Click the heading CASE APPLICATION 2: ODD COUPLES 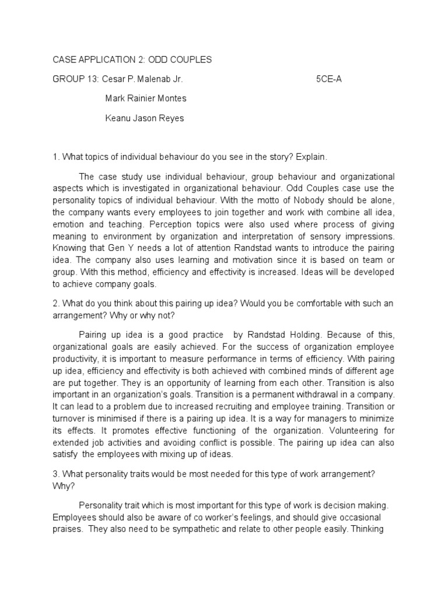[x=132, y=60]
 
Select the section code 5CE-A [x=328, y=79]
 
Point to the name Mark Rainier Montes [x=145, y=99]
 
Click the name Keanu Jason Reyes [x=144, y=118]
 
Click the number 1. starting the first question [x=56, y=157]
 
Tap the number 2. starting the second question [x=56, y=304]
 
